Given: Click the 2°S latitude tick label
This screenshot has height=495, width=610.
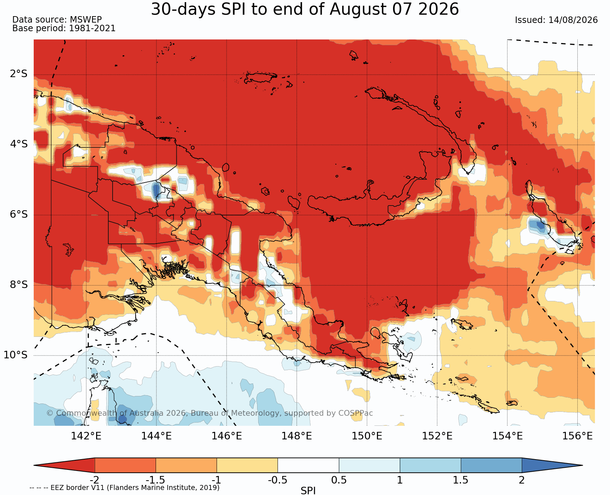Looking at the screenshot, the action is (19, 74).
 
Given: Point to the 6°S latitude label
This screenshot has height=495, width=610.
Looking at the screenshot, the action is (19, 214).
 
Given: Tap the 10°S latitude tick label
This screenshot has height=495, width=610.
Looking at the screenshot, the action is (16, 355).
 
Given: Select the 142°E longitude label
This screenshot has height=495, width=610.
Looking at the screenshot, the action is (86, 436).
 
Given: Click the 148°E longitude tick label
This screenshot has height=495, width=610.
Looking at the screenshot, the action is (297, 436).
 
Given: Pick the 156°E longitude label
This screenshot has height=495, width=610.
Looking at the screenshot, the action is (577, 436).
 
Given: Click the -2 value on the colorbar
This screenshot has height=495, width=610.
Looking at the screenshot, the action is (94, 480).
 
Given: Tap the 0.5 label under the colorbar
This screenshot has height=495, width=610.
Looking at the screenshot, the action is (339, 480).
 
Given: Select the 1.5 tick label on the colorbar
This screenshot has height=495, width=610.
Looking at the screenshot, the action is (461, 480).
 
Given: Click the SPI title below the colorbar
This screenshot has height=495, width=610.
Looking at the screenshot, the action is (308, 490).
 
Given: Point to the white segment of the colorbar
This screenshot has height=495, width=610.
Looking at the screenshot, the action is (308, 465).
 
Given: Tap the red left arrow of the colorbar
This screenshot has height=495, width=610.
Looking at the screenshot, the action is (64, 465).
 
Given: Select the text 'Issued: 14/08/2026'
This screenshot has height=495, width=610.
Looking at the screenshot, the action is (556, 20).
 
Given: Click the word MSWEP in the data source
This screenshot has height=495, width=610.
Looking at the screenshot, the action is (86, 20).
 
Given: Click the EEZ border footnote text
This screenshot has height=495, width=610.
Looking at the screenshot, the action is (124, 488).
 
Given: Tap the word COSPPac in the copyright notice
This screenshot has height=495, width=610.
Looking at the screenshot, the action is (355, 413).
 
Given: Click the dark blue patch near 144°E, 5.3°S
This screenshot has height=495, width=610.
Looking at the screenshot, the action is (156, 190).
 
